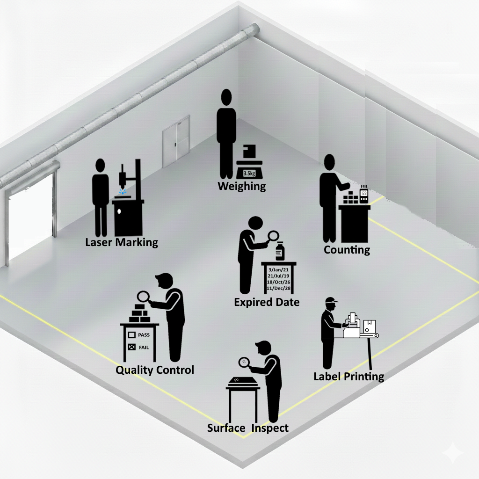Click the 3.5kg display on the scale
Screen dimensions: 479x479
pyautogui.click(x=249, y=173)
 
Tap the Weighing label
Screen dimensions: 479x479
pyautogui.click(x=242, y=186)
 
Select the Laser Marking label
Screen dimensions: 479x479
pyautogui.click(x=122, y=242)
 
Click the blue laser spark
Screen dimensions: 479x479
pyautogui.click(x=123, y=191)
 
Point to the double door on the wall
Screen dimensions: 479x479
pyautogui.click(x=176, y=141)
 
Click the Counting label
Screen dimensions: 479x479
pyautogui.click(x=347, y=250)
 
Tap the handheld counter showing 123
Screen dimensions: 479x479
pyautogui.click(x=363, y=194)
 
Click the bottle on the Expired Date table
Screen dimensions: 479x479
pyautogui.click(x=280, y=251)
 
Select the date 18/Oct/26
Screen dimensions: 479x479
pyautogui.click(x=279, y=282)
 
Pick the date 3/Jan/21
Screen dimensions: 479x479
pyautogui.click(x=278, y=270)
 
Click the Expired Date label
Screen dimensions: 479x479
pyautogui.click(x=267, y=302)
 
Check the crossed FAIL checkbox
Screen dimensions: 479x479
pyautogui.click(x=131, y=347)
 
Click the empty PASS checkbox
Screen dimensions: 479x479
pyautogui.click(x=131, y=335)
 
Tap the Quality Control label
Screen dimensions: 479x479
pyautogui.click(x=155, y=370)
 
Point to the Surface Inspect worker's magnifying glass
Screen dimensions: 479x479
pyautogui.click(x=244, y=363)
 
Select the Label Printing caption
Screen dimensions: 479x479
pyautogui.click(x=349, y=377)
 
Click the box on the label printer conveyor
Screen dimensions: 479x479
pyautogui.click(x=370, y=326)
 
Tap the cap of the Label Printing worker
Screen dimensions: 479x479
pyautogui.click(x=331, y=300)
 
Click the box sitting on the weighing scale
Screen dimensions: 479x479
pyautogui.click(x=249, y=152)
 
